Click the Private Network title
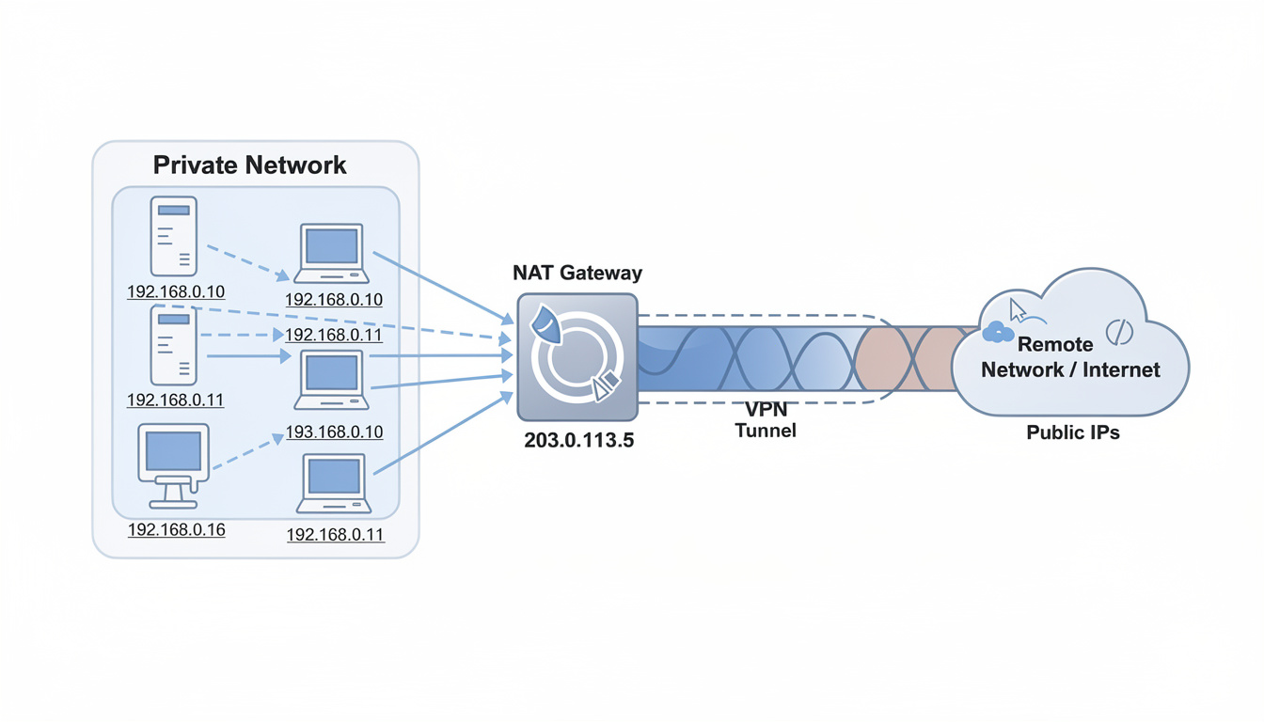click(x=249, y=165)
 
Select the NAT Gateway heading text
click(x=577, y=273)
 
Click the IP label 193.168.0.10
click(x=334, y=432)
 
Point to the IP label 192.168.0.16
click(x=176, y=529)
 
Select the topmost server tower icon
click(x=174, y=236)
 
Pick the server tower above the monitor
click(x=174, y=345)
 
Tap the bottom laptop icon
click(x=334, y=483)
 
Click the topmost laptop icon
click(x=331, y=253)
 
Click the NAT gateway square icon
click(x=577, y=356)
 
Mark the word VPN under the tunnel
click(x=766, y=410)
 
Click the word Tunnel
click(x=766, y=432)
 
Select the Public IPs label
click(x=1072, y=433)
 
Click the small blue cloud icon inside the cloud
click(x=997, y=331)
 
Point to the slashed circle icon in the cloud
click(x=1119, y=331)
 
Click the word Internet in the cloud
click(x=1121, y=369)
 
